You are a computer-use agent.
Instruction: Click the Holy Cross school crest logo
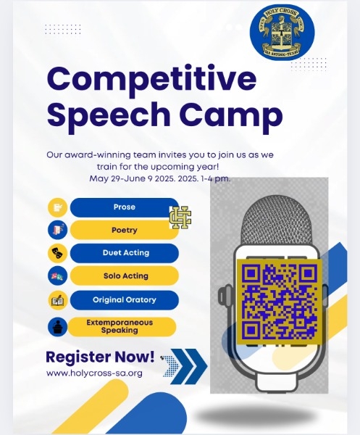pos(282,32)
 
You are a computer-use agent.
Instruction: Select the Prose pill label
pos(125,207)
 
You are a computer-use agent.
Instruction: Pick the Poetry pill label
pos(125,230)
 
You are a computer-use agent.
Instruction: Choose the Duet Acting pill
pos(125,253)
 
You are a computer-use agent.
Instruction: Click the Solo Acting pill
pos(125,275)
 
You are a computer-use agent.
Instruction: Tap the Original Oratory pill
pos(125,300)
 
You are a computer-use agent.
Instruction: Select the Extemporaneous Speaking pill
pos(122,326)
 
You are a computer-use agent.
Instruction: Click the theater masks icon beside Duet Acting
pos(58,253)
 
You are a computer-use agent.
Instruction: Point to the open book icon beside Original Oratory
pos(58,300)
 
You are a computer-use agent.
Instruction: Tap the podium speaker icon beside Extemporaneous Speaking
pos(58,327)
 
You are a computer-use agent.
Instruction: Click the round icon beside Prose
pos(58,207)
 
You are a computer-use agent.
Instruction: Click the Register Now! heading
pos(100,357)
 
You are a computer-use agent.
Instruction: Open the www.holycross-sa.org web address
pos(94,373)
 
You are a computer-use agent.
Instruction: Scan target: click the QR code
pos(280,302)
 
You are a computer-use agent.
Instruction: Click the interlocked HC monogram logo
pos(180,217)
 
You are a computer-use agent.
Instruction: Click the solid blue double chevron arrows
pos(189,366)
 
